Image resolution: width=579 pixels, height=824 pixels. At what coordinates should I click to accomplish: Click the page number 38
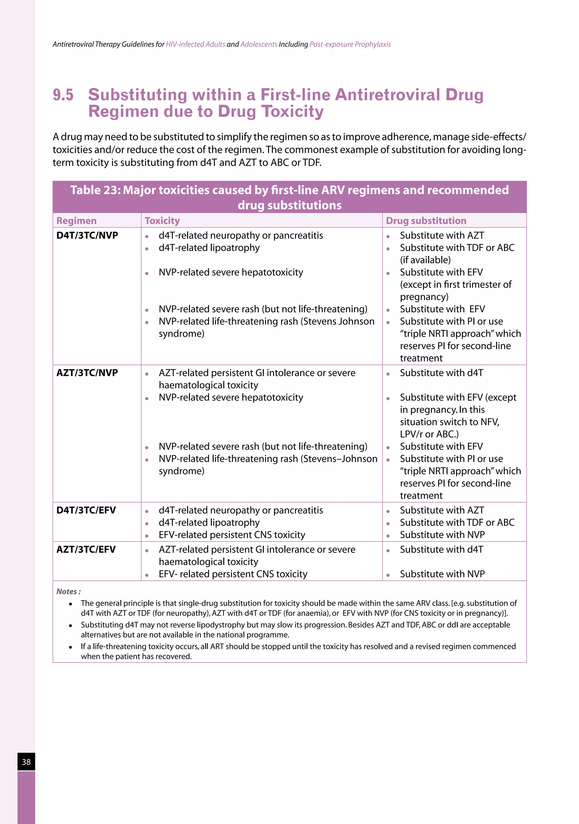tap(26, 762)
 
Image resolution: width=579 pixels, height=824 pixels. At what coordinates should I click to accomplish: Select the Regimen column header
tap(77, 221)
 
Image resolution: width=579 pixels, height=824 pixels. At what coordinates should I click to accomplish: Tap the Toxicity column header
tap(162, 221)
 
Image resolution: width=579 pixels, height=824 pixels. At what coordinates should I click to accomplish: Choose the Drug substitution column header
tap(426, 221)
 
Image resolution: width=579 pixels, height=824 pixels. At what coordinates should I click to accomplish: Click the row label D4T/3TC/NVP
tap(87, 235)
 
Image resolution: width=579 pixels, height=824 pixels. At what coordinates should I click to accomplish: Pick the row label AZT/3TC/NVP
tap(87, 373)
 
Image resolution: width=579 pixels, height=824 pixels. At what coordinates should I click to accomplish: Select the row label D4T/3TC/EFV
tap(86, 510)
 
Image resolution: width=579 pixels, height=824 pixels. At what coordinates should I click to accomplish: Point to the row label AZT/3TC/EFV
tap(86, 549)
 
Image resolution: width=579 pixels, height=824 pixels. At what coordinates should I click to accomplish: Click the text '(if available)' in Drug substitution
tap(425, 260)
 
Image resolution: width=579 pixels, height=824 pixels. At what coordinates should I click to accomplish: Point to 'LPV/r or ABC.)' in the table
tap(429, 434)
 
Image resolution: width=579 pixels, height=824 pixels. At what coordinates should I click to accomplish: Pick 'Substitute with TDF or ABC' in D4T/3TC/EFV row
tap(457, 523)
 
